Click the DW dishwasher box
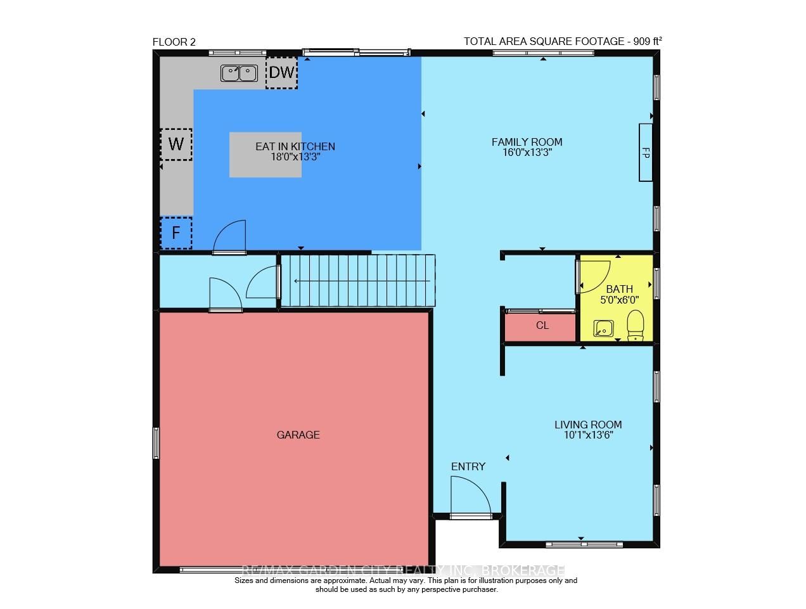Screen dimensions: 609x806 coord(281,73)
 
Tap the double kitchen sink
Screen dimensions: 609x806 coord(239,74)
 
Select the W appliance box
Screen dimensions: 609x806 coord(176,144)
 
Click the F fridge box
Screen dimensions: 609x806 coord(176,233)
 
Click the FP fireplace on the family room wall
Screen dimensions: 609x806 coord(645,153)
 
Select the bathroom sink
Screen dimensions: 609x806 coord(603,328)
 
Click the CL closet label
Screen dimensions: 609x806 coord(542,326)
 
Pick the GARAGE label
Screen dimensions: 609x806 coord(298,435)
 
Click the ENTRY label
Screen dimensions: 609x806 coord(468,466)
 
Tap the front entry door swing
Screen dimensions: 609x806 coord(469,496)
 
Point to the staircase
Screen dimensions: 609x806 coord(358,281)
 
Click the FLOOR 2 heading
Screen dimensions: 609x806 coord(174,42)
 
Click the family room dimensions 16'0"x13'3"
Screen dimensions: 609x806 coord(527,152)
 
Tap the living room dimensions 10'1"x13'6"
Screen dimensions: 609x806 coord(588,435)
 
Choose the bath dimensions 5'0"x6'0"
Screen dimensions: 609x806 coord(619,300)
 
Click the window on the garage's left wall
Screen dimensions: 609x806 coord(156,442)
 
